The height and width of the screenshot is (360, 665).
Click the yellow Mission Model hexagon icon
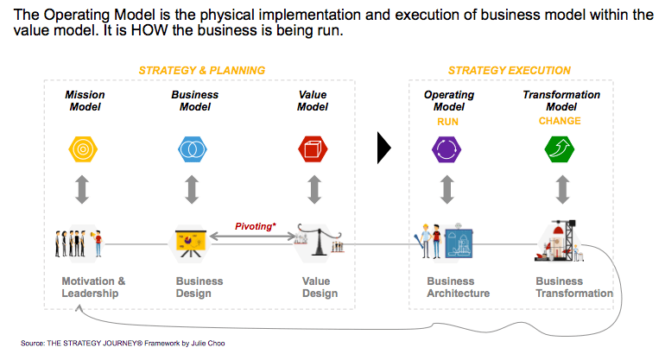(x=83, y=149)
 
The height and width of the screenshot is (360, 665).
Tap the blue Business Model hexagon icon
(x=192, y=149)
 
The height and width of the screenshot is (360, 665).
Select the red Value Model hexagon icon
(x=313, y=149)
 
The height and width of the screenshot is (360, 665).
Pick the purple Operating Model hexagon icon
(x=446, y=149)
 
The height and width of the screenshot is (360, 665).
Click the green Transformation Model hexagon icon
(x=560, y=149)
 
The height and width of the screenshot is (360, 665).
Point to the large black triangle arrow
(x=383, y=148)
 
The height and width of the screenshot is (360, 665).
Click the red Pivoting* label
(x=256, y=226)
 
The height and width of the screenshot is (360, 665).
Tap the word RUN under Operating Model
(x=448, y=122)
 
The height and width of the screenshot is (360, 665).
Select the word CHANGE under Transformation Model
(x=560, y=121)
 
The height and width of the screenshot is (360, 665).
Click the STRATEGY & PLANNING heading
(x=202, y=71)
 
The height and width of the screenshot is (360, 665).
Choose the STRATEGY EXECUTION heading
(x=510, y=71)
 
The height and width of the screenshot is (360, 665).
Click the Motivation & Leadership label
(x=93, y=287)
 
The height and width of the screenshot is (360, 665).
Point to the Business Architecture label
(x=458, y=287)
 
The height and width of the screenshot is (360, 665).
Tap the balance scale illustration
(x=319, y=240)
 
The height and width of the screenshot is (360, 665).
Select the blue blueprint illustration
(x=459, y=242)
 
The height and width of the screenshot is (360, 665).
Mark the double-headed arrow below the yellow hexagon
(x=82, y=189)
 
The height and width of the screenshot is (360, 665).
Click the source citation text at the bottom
(x=123, y=343)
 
